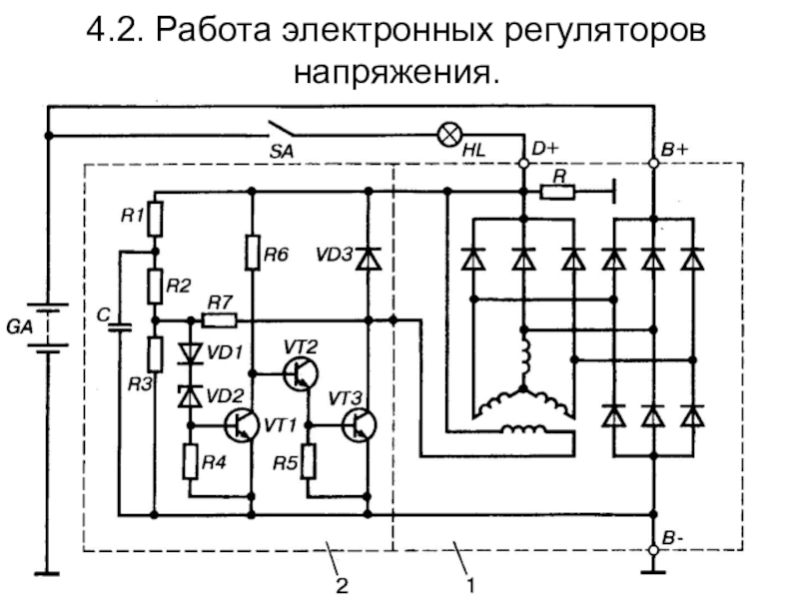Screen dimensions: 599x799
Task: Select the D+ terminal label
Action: coord(545,149)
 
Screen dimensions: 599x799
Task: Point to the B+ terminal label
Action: coord(674,149)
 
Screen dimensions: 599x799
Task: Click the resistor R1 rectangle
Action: coord(155,218)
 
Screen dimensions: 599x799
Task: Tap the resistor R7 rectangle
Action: coord(219,320)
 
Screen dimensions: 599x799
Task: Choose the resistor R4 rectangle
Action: coord(188,461)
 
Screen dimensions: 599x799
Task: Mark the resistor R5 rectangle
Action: coord(308,461)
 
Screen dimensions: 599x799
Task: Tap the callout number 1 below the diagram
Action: coord(470,587)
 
